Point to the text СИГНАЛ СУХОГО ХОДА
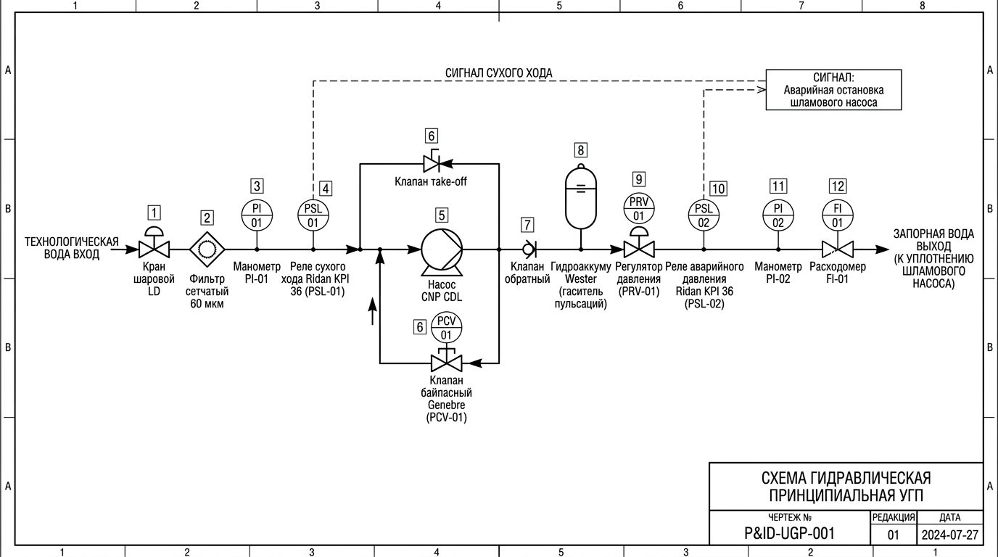498,73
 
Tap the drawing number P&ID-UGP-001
789,533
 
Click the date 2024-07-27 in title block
950,535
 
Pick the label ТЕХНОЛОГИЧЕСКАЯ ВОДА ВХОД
71,248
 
